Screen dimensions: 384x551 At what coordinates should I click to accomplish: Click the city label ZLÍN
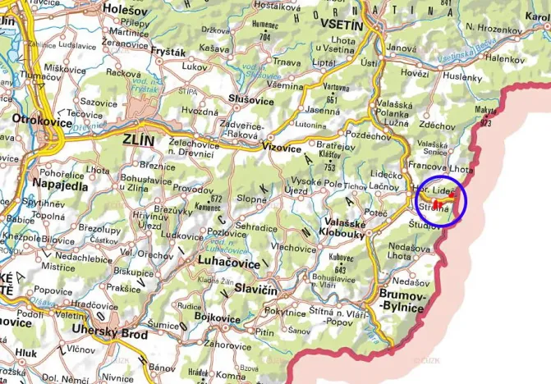click(x=137, y=140)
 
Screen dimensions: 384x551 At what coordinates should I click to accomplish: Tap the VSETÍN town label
click(x=343, y=24)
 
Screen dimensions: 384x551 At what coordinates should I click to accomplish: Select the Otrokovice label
click(x=39, y=119)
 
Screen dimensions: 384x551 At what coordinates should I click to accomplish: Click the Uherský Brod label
click(x=110, y=335)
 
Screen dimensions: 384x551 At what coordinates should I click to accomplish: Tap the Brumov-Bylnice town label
click(x=405, y=301)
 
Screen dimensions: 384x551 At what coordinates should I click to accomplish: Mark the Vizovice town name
click(x=282, y=149)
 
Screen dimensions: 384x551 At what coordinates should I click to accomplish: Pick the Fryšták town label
click(x=169, y=52)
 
